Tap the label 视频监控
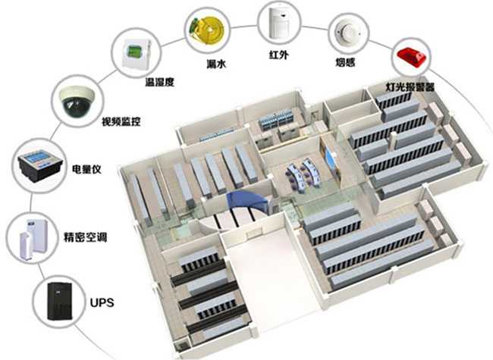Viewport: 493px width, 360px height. pos(121,121)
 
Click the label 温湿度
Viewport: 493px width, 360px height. pos(160,81)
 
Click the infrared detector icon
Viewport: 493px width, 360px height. pos(278,22)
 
